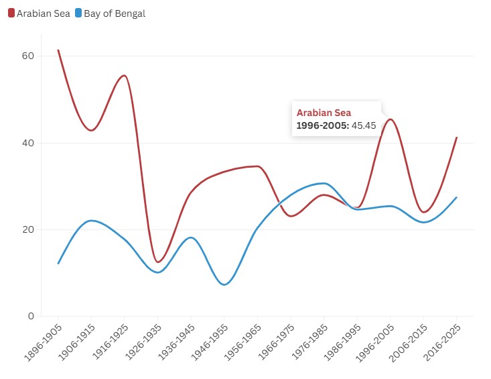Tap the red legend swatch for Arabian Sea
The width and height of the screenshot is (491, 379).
[11, 13]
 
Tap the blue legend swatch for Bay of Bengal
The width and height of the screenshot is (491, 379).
[78, 13]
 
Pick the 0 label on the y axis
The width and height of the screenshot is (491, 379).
[29, 316]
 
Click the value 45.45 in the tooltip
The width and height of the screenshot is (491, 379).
[364, 125]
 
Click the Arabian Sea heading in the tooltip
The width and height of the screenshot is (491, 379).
[324, 113]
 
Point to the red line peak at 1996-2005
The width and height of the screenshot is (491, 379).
[390, 119]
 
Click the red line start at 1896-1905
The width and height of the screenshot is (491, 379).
[58, 50]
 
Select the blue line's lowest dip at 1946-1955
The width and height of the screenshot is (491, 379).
[224, 284]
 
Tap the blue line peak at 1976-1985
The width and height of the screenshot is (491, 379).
[324, 183]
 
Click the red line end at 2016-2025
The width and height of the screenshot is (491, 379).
[456, 138]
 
